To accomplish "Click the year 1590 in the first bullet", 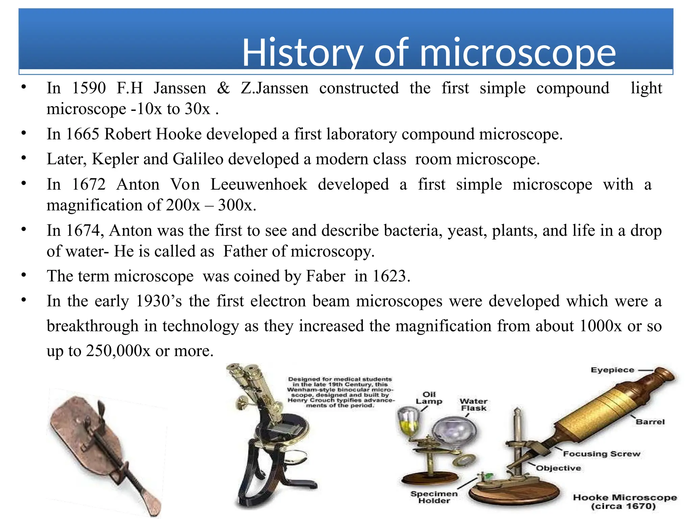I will point(89,88).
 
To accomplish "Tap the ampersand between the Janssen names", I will point(223,88).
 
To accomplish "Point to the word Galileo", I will point(198,159).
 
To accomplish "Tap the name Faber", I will point(325,276).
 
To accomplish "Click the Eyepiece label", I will point(612,370).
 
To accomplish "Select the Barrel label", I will point(650,422).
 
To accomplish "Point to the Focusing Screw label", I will point(601,454).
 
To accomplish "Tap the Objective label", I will point(559,468).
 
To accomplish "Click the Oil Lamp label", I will point(429,398).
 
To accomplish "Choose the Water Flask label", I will point(473,405).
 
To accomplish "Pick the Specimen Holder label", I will point(434,497).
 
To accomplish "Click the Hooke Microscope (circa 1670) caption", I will point(625,502).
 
